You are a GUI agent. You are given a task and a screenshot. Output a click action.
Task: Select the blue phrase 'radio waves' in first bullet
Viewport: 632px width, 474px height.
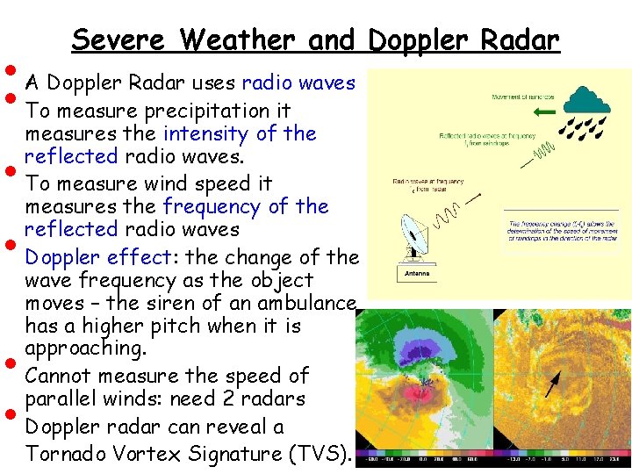[x=298, y=83]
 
